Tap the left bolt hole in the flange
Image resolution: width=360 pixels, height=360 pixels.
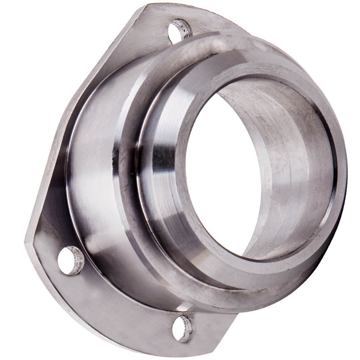click(x=71, y=260)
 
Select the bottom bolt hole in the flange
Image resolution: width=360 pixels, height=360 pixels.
click(x=183, y=328)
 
